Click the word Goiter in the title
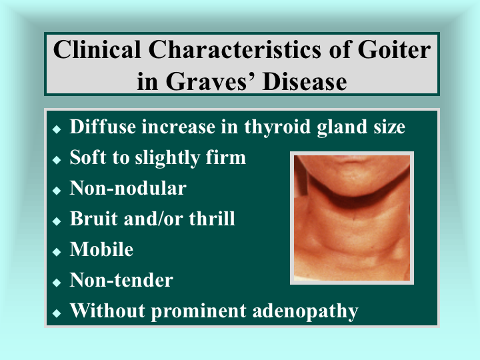[394, 49]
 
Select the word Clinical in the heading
[97, 49]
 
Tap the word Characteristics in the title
[235, 49]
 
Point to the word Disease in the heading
[305, 82]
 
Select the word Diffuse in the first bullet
[103, 127]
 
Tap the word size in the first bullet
[389, 127]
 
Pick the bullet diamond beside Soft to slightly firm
[57, 160]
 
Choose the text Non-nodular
[128, 188]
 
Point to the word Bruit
[94, 219]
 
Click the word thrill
[212, 219]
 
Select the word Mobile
[101, 249]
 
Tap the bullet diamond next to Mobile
[57, 252]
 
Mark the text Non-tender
[121, 280]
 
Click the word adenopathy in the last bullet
[305, 311]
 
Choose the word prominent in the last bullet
[199, 311]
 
